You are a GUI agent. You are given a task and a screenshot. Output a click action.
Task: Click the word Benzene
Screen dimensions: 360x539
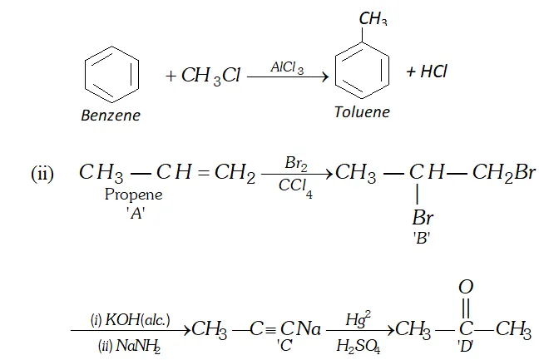[110, 116]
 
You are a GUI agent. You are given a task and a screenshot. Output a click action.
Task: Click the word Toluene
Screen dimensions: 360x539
[361, 111]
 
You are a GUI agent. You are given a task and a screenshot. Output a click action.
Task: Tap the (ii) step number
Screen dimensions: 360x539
[42, 175]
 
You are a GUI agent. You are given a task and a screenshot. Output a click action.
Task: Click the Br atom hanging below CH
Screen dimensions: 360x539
[423, 218]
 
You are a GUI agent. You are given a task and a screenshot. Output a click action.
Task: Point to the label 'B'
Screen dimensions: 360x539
[423, 235]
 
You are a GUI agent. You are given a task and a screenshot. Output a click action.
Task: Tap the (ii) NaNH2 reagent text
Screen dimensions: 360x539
[126, 341]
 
